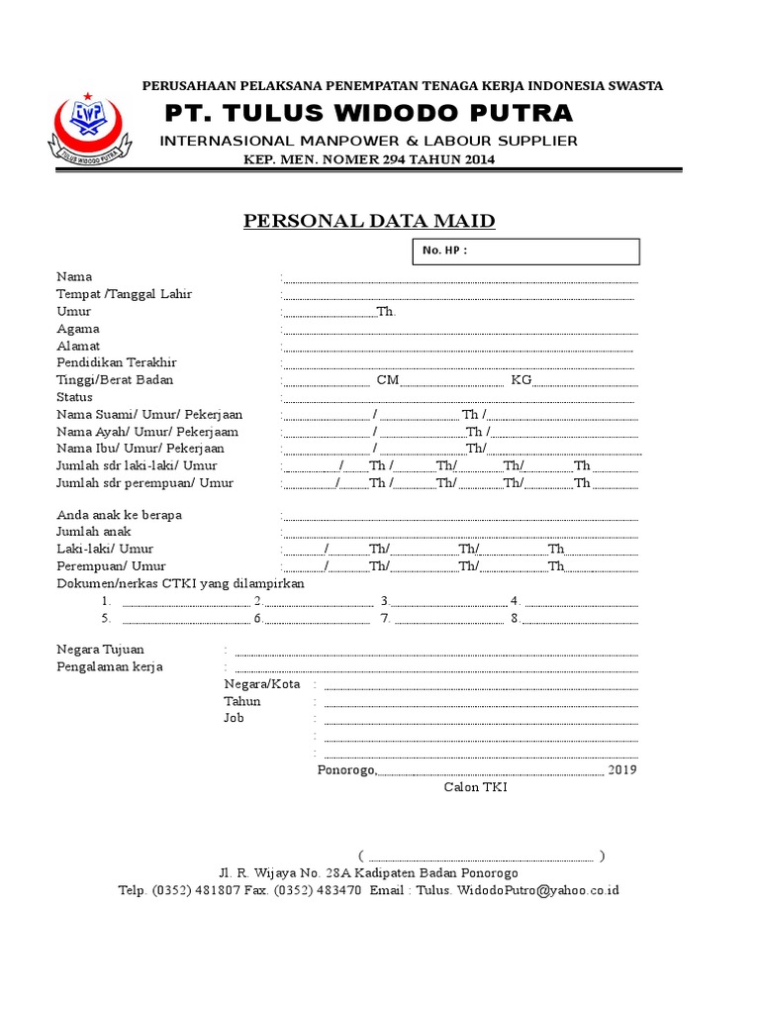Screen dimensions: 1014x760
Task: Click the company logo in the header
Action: [89, 127]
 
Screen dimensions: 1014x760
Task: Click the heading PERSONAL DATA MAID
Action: [369, 221]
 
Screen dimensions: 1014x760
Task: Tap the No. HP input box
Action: [525, 252]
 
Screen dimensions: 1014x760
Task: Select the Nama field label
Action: [74, 277]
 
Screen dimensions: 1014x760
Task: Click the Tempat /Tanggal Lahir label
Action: [124, 294]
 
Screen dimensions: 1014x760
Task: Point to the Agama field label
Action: [78, 329]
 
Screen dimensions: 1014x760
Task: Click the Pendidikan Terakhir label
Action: [116, 363]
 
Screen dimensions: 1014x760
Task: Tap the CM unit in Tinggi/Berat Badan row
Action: [387, 380]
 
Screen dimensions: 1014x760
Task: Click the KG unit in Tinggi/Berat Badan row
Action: [522, 380]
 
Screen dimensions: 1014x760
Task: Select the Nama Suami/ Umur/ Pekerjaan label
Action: [149, 415]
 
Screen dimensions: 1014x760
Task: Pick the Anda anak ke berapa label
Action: [119, 515]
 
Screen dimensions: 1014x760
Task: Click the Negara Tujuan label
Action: [100, 650]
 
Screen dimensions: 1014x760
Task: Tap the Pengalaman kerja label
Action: [110, 666]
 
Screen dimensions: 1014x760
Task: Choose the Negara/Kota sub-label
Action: [262, 684]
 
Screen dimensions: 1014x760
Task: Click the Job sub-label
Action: [234, 718]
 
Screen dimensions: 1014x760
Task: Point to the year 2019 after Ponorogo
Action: [622, 769]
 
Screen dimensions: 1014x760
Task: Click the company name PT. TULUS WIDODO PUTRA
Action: [369, 112]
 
